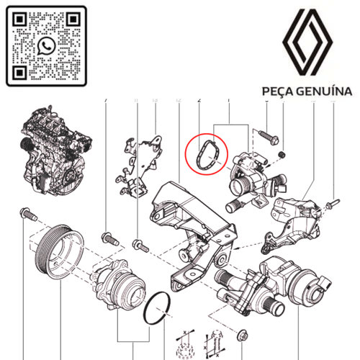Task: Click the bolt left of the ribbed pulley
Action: click(25, 214)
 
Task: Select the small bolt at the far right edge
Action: click(333, 204)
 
